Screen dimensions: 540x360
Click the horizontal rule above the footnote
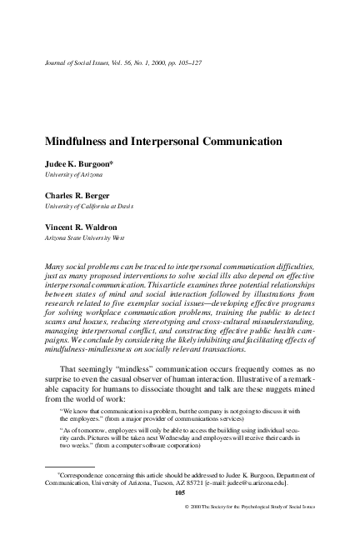point(58,468)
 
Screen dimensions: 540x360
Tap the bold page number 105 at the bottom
point(179,493)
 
